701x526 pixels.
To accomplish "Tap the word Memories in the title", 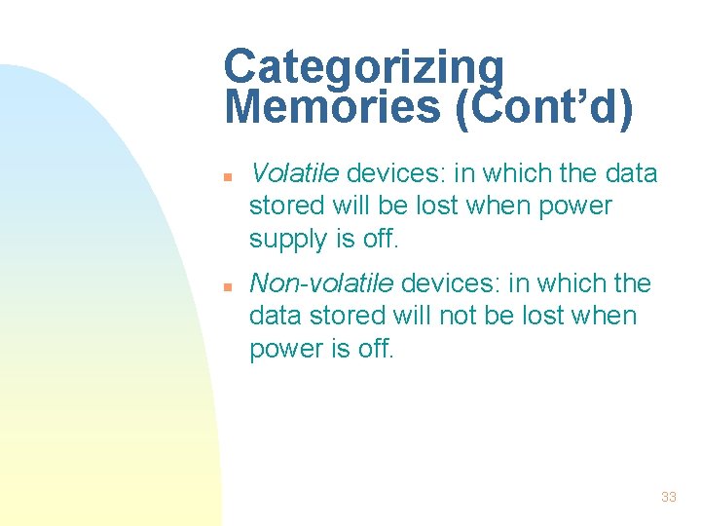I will click(331, 108).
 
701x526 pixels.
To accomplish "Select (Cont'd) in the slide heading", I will click(542, 108).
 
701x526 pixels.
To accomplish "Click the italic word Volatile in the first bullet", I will click(294, 173).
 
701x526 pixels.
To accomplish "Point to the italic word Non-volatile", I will click(321, 283).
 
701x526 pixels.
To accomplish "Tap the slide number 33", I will click(668, 497).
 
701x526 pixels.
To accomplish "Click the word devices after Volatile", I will click(394, 173).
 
